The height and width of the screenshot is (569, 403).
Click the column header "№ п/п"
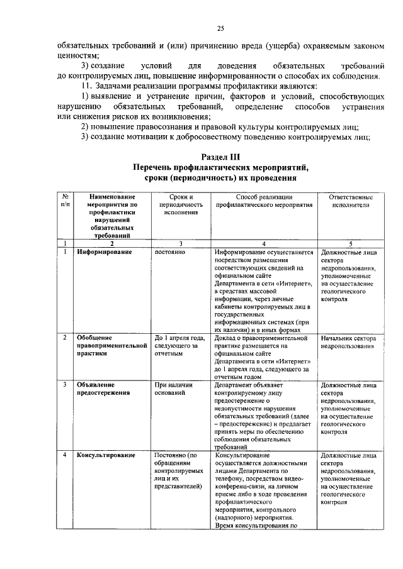65,201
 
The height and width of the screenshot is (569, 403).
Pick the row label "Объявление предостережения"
103,388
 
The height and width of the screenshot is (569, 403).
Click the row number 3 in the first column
65,384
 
